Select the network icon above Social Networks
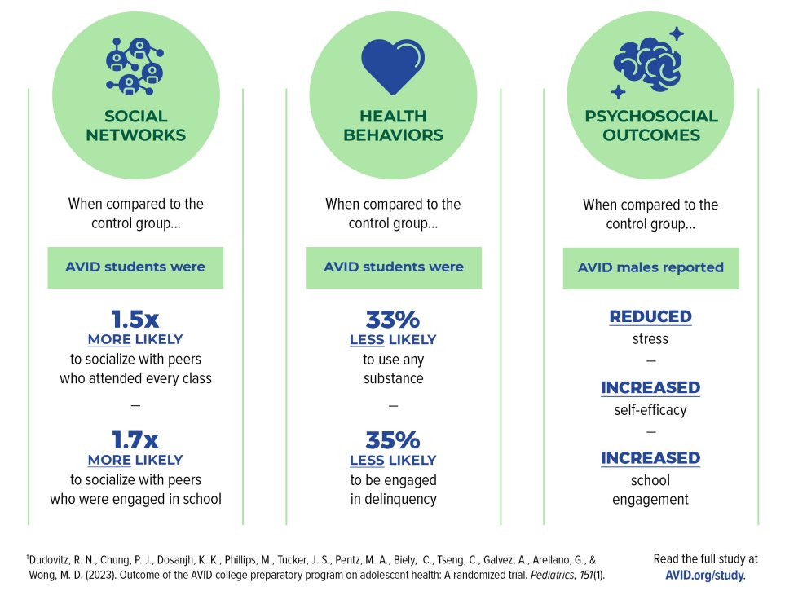click(135, 64)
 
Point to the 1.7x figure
click(135, 441)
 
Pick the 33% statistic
click(393, 320)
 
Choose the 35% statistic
click(393, 441)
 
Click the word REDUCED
click(650, 316)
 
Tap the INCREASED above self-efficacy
click(650, 387)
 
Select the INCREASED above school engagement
click(650, 458)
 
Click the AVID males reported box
click(650, 268)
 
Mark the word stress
click(650, 338)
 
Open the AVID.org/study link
click(705, 575)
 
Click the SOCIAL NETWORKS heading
click(135, 126)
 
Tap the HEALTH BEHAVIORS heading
click(394, 126)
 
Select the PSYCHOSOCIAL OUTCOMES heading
click(651, 126)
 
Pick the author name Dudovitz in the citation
click(54, 560)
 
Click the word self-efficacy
click(650, 409)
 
